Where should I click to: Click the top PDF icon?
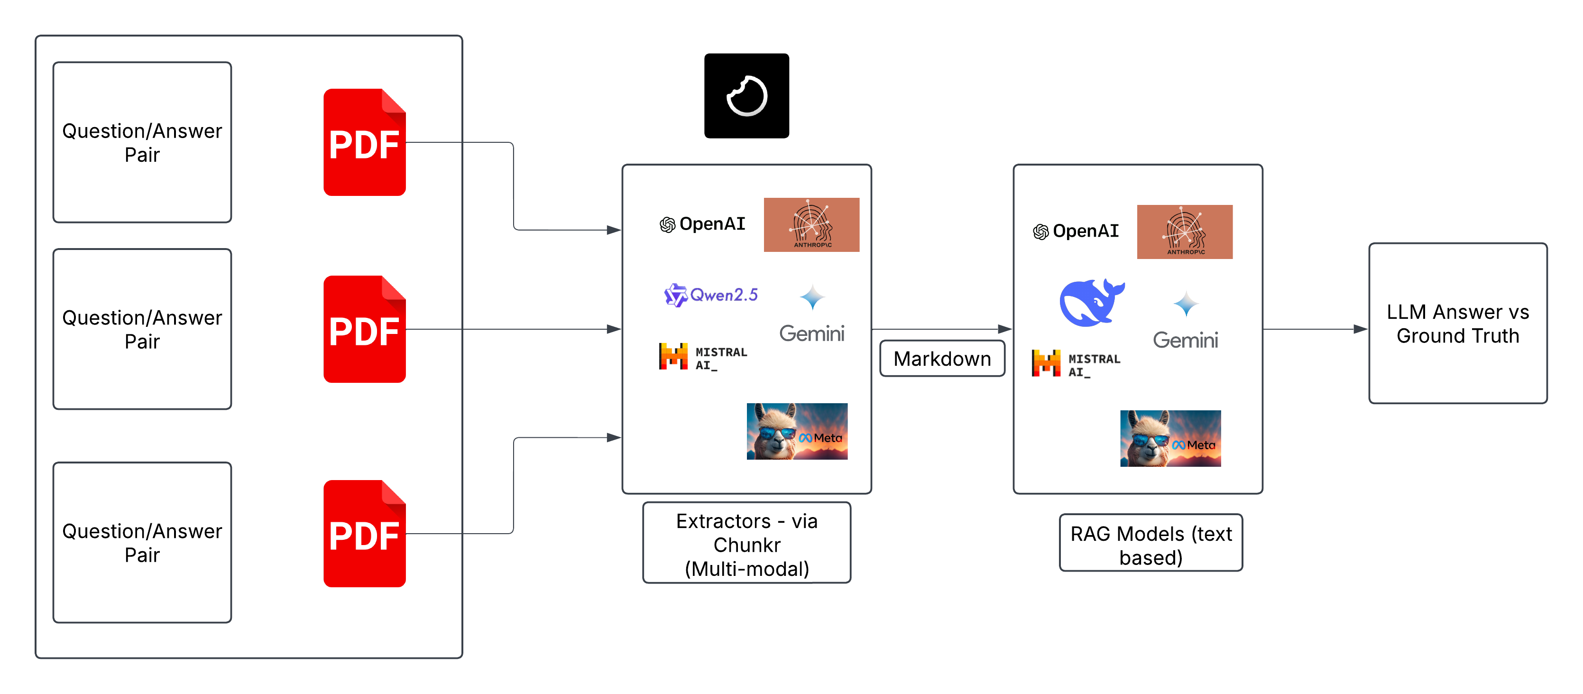364,143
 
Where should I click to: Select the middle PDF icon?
364,330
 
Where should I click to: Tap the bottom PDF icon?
364,534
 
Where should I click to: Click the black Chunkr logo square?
746,96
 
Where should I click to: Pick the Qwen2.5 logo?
711,295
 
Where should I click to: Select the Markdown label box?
942,358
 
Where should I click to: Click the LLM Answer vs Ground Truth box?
1458,324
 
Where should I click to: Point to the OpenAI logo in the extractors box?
702,224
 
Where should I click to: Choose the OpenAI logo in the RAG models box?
1076,231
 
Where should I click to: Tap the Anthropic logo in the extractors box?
811,225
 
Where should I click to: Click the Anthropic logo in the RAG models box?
1184,232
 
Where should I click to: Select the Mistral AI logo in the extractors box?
703,357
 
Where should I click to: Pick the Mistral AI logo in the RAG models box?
1076,364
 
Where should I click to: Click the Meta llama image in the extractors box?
797,432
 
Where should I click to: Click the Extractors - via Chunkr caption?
746,544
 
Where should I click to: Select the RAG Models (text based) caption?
1151,544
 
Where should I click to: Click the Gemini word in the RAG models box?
1186,340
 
